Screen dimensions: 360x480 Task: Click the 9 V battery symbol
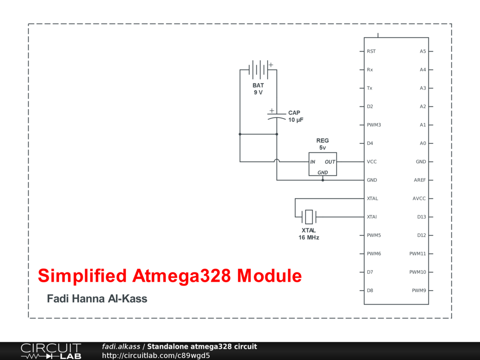pyautogui.click(x=258, y=70)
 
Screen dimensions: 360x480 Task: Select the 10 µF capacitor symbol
pyautogui.click(x=277, y=116)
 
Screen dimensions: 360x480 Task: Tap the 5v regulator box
pyautogui.click(x=322, y=164)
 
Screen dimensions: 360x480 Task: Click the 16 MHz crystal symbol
pyautogui.click(x=309, y=217)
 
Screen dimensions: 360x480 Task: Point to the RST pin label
pyautogui.click(x=371, y=52)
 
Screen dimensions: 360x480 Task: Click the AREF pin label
pyautogui.click(x=420, y=180)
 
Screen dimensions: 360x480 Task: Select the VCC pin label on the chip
pyautogui.click(x=372, y=162)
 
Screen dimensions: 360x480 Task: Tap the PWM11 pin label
pyautogui.click(x=418, y=254)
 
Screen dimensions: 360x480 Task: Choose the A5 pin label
pyautogui.click(x=423, y=52)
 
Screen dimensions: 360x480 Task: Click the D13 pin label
pyautogui.click(x=422, y=217)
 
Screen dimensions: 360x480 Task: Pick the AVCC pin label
pyautogui.click(x=419, y=199)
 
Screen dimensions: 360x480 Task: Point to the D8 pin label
pyautogui.click(x=370, y=291)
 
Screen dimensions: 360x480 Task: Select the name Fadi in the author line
pyautogui.click(x=58, y=299)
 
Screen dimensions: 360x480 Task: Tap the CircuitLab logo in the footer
pyautogui.click(x=51, y=351)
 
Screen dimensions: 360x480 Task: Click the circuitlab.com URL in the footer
pyautogui.click(x=156, y=355)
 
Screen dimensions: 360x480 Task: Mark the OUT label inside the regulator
pyautogui.click(x=330, y=162)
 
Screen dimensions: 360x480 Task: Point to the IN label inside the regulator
pyautogui.click(x=313, y=162)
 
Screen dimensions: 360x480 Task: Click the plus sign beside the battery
pyautogui.click(x=271, y=65)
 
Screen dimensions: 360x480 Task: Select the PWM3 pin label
pyautogui.click(x=374, y=125)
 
